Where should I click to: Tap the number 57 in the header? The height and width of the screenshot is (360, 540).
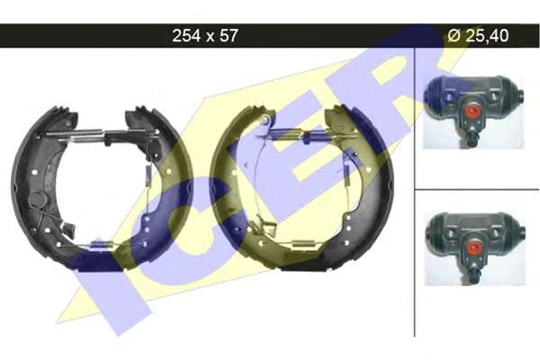[228, 35]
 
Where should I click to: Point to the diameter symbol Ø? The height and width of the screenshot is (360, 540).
[454, 35]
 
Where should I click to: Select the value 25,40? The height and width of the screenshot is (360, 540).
[487, 36]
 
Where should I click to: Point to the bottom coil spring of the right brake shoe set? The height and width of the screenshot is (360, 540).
[304, 246]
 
